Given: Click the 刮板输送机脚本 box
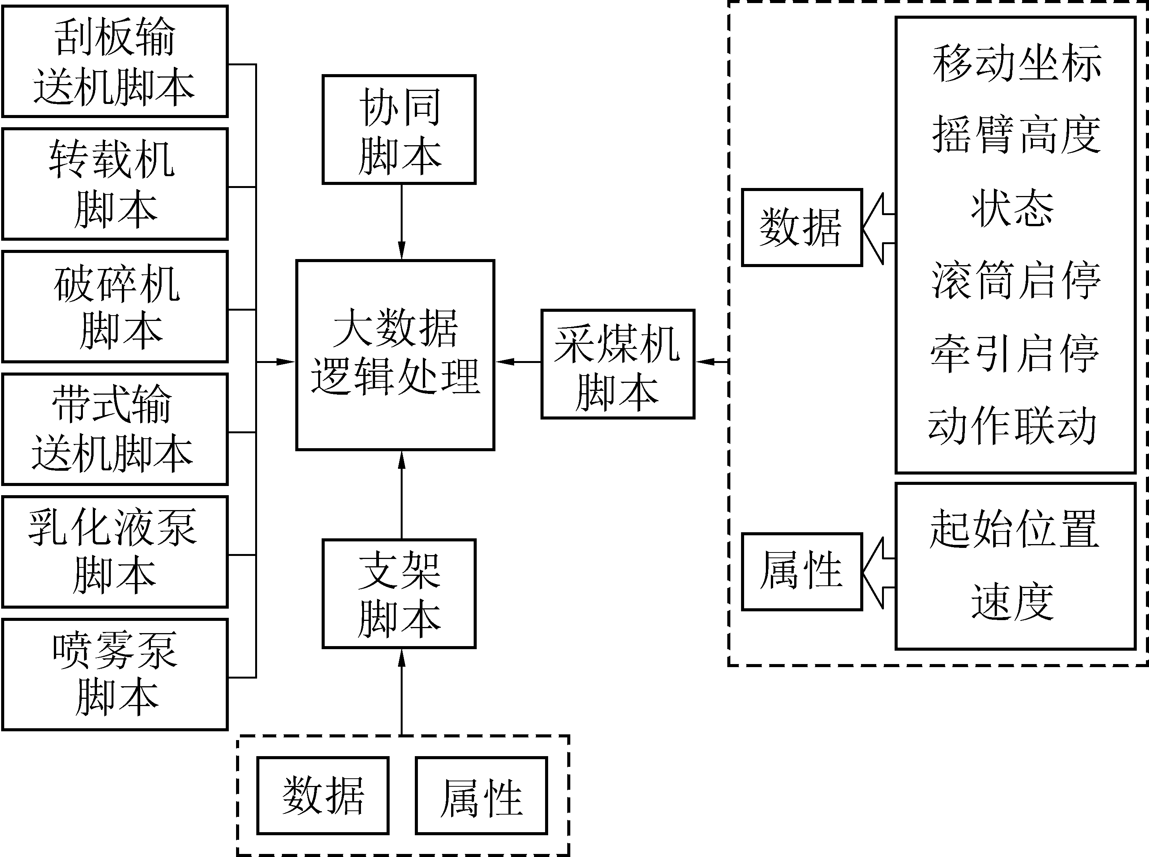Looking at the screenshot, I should pos(115,61).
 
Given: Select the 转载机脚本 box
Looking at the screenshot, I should pos(115,184).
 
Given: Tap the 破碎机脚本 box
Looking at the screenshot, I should pos(115,306).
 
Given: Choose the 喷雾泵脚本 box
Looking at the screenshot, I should pos(115,674).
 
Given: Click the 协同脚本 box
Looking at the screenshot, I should pos(399,130).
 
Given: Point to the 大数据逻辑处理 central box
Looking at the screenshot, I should pos(395,355).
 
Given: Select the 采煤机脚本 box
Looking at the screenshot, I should pos(618,364).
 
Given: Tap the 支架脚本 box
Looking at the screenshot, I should pos(399,593).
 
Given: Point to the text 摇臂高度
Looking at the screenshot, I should pos(1016,135).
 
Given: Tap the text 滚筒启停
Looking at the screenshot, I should pos(1016,281).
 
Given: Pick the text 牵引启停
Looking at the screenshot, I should pos(1015,354).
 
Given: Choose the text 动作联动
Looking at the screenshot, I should pos(1012,426).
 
